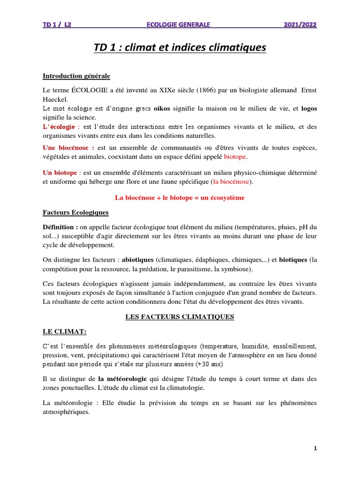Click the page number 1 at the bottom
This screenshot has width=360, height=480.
pos(315,449)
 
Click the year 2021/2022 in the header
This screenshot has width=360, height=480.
pos(300,24)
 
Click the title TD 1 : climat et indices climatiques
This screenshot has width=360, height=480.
pos(180,47)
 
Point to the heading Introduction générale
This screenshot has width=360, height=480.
pos(76,76)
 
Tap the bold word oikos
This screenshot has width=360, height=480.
pos(162,109)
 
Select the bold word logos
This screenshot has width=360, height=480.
pos(309,109)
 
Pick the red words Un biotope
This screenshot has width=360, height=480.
pos(60,173)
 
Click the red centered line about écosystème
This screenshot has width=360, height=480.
pos(180,198)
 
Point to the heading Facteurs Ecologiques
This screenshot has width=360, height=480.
pos(75,212)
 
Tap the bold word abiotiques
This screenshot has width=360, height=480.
pos(138,259)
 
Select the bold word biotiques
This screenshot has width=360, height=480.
pos(293,259)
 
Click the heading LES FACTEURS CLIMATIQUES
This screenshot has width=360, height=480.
pos(180,317)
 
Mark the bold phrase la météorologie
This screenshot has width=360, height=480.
pos(123,379)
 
